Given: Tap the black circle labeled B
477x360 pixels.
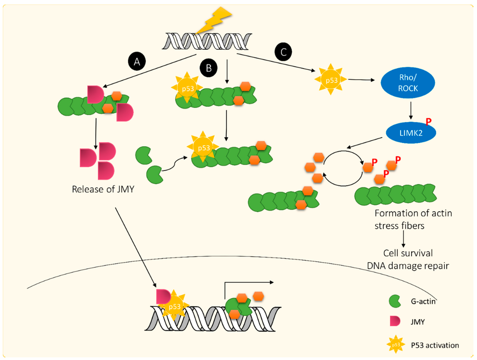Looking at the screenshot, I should click(x=208, y=68).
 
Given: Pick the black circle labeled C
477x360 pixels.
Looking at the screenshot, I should click(x=283, y=52).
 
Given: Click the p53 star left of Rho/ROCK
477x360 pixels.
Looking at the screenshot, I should click(x=332, y=80).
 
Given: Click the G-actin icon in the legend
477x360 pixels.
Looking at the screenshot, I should click(x=395, y=301).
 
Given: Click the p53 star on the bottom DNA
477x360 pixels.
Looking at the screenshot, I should click(x=175, y=306).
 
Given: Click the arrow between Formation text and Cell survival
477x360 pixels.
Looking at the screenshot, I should click(x=403, y=238).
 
